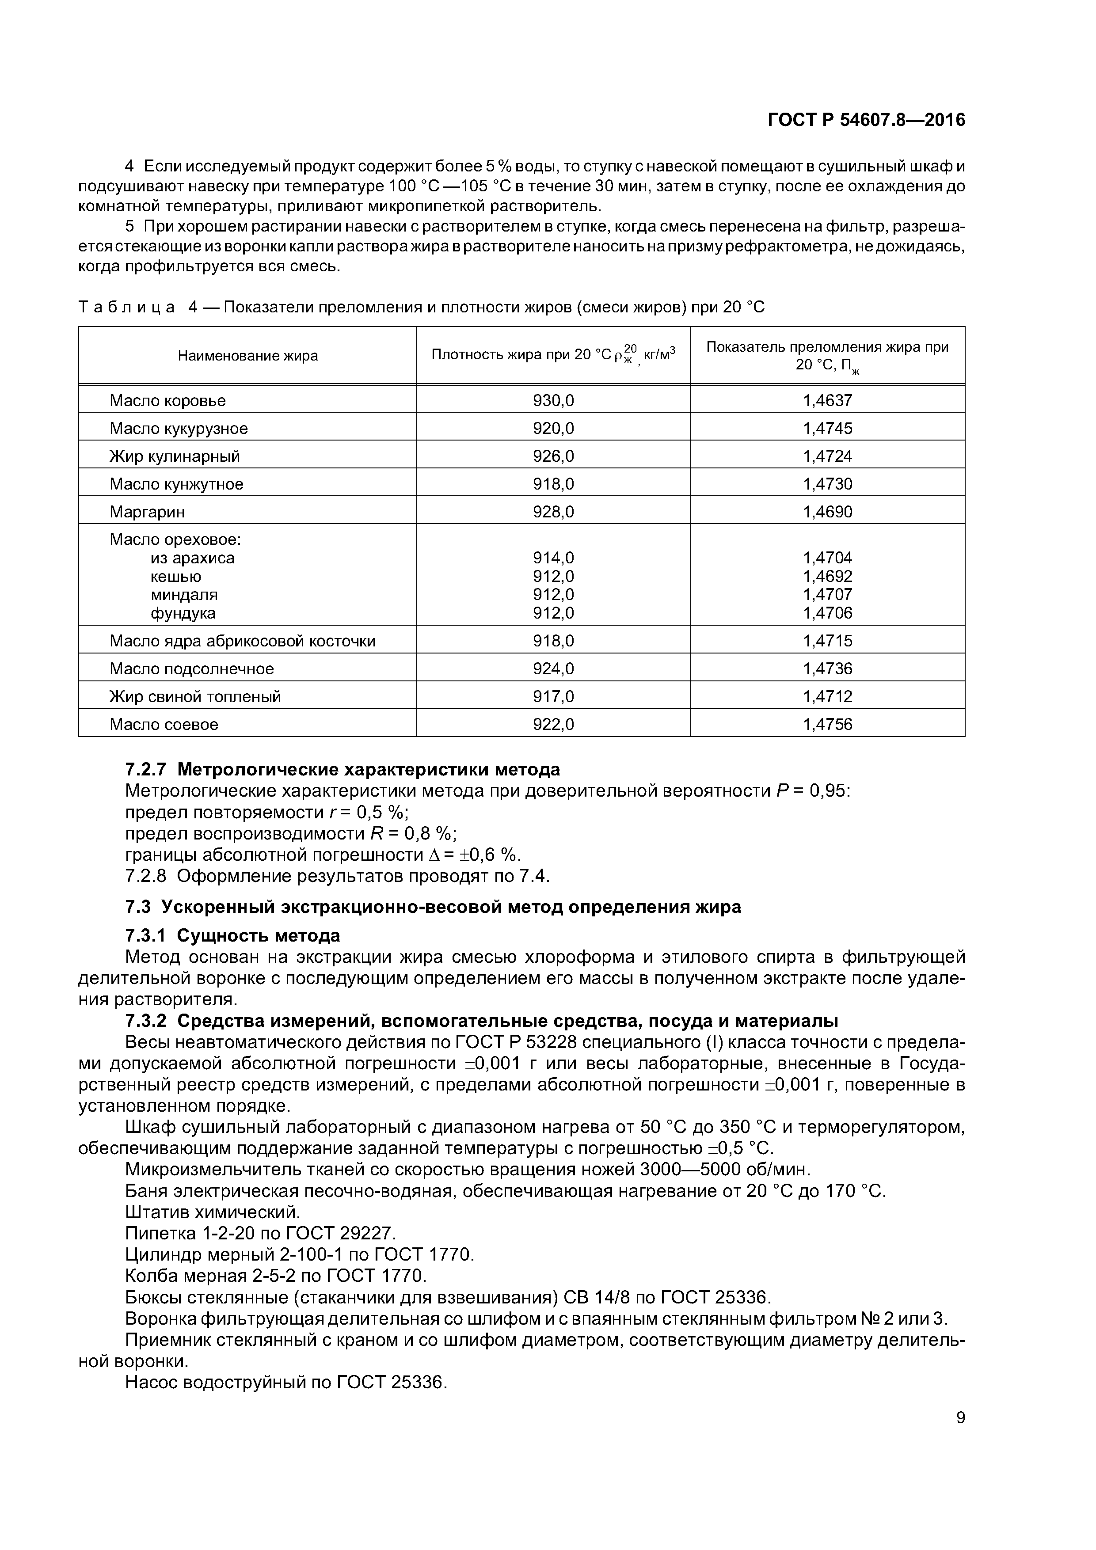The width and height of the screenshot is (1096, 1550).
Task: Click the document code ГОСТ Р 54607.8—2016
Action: [866, 120]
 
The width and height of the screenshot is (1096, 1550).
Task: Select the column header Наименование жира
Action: [248, 356]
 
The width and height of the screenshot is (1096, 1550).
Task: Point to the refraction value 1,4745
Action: [827, 428]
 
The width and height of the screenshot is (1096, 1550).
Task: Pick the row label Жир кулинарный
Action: [175, 456]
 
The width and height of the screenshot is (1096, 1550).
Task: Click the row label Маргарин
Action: [147, 512]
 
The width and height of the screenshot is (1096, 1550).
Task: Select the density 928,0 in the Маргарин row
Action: [553, 512]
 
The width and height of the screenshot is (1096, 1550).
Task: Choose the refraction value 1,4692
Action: [827, 577]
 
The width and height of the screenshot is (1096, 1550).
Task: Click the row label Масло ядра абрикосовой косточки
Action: [243, 641]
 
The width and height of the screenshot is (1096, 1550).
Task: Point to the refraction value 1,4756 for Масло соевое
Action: [827, 724]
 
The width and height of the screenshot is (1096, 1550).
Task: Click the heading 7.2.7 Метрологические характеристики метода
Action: [342, 770]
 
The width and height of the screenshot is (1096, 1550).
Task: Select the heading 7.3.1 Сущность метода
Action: [232, 936]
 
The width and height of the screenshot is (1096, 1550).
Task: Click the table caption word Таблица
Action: [127, 308]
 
